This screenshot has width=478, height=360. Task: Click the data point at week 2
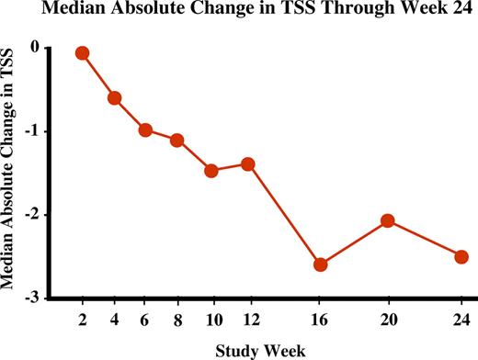coord(82,53)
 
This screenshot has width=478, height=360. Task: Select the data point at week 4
coord(115,97)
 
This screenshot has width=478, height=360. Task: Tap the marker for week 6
coord(145,129)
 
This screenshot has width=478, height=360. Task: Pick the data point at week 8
coord(177,140)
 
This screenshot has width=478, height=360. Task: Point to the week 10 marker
coord(211,170)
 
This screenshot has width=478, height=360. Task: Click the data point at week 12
coord(247,163)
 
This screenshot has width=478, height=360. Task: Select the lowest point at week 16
coord(320,264)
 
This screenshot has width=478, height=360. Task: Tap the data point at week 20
coord(388,220)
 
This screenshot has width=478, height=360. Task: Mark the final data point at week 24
coord(461,256)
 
